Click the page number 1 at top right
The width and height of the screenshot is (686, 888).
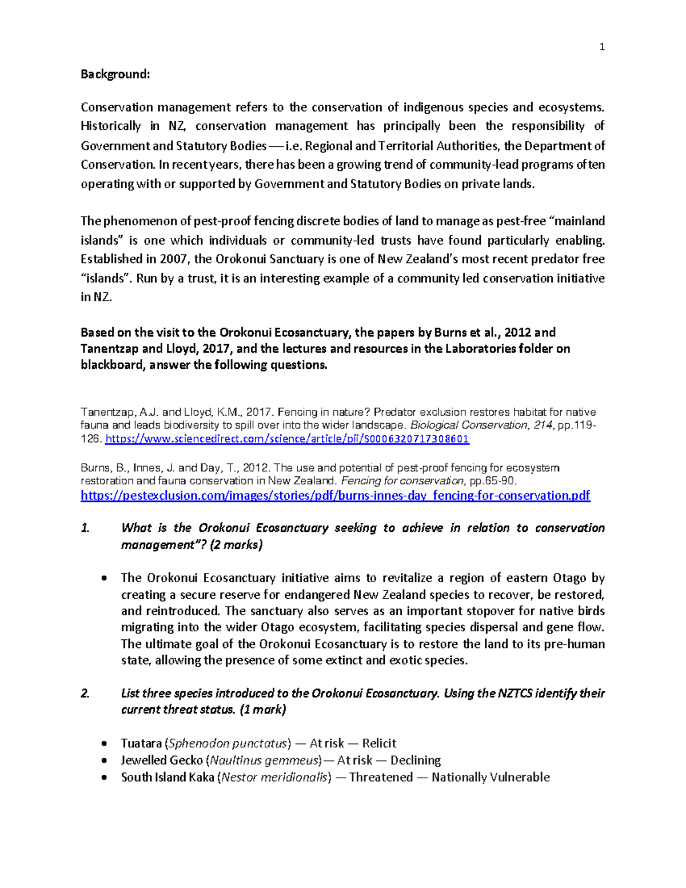click(602, 47)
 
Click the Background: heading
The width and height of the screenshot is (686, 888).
click(115, 74)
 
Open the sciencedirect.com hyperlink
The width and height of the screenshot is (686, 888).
click(288, 439)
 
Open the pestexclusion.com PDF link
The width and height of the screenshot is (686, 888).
click(335, 496)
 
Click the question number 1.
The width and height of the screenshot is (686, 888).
click(85, 528)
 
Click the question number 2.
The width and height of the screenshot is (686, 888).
click(85, 694)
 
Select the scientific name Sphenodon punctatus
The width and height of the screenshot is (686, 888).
click(227, 743)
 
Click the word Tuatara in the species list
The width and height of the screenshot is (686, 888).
click(141, 743)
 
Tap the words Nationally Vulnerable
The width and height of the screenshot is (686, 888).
click(490, 778)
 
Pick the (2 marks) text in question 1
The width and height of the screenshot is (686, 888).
click(236, 545)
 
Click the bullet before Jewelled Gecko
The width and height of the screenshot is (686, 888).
click(103, 761)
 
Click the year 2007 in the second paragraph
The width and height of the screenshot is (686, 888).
click(174, 259)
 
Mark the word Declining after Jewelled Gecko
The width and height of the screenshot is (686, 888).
click(415, 760)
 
